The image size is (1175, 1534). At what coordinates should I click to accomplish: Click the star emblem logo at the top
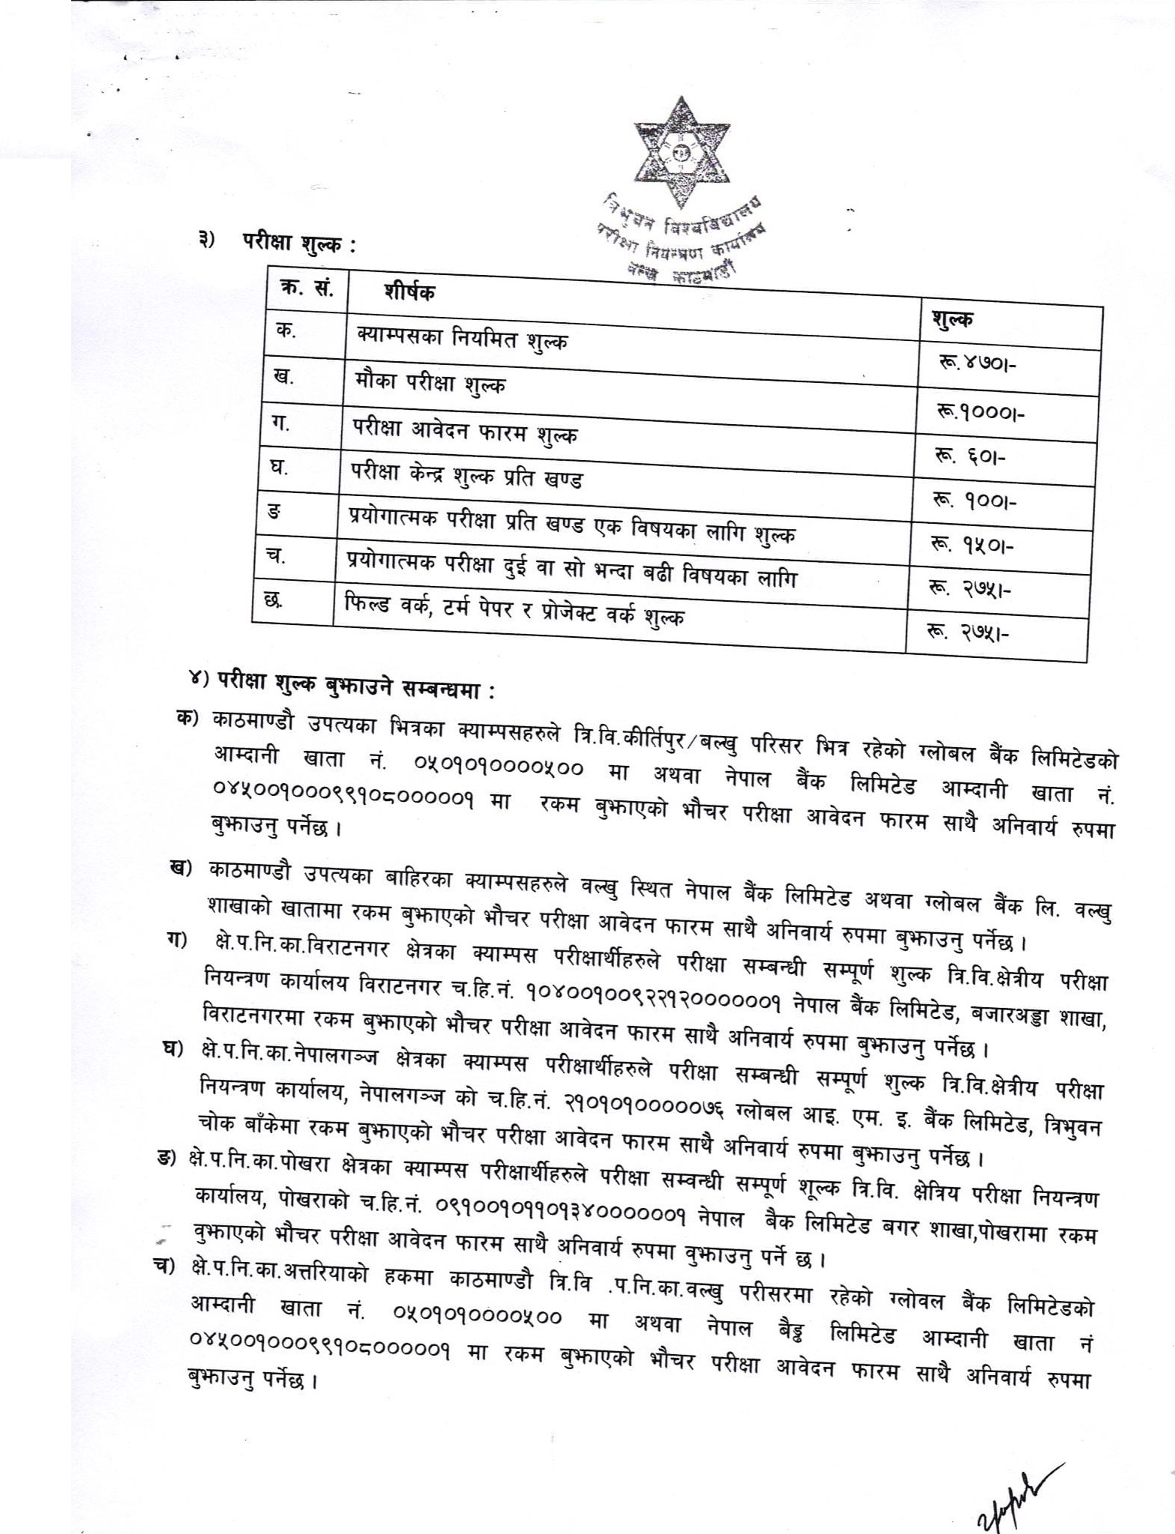click(x=681, y=153)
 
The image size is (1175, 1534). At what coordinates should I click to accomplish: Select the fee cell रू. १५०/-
click(x=973, y=544)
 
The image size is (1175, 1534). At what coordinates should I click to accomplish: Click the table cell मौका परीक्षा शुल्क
click(x=430, y=385)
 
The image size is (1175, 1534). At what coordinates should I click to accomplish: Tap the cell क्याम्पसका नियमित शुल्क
click(x=463, y=341)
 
